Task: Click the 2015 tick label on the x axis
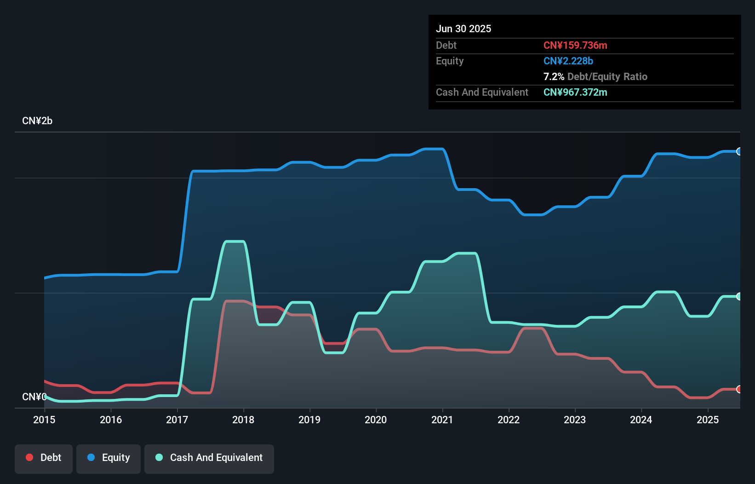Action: [44, 420]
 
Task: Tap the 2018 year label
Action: [243, 420]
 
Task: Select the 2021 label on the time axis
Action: [442, 420]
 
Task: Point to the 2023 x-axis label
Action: [575, 420]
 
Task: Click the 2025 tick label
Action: [707, 420]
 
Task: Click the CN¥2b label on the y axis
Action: [37, 121]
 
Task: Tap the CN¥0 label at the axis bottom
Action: [34, 397]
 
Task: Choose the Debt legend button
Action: [44, 458]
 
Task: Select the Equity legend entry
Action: [109, 458]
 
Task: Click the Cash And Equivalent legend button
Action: [209, 458]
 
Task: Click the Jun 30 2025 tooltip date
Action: [463, 29]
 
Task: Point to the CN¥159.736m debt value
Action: [575, 45]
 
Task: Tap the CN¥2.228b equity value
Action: [568, 61]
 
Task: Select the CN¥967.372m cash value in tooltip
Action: [575, 92]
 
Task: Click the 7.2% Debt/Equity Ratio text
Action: [595, 76]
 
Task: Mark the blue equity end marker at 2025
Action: [739, 151]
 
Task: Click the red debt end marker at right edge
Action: [739, 389]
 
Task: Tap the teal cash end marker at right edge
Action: [739, 296]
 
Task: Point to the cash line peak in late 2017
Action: [234, 242]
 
